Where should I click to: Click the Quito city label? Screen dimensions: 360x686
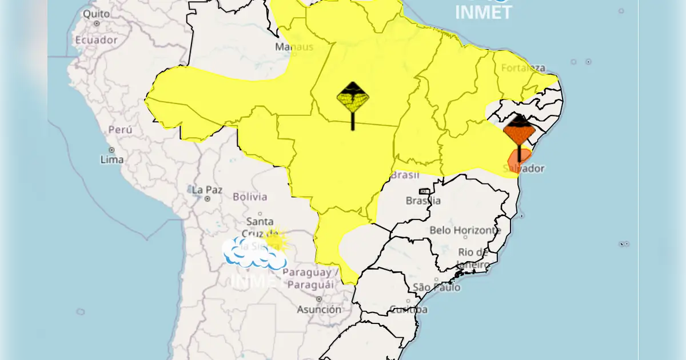pos(95,13)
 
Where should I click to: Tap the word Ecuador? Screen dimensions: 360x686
pos(96,41)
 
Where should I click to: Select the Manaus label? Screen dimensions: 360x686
pos(294,47)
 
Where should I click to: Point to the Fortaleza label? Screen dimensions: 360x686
pos(523,68)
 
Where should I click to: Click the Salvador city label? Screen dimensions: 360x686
pos(524,169)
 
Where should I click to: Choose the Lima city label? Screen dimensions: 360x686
pos(112,159)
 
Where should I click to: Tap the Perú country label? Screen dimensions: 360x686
pos(120,130)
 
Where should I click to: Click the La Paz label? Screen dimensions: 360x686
pos(207,190)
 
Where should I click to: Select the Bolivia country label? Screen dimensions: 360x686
pos(250,197)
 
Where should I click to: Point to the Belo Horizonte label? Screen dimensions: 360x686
pos(465,230)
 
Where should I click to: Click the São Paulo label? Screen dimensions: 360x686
pos(436,287)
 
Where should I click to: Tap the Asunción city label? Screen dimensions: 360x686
pos(319,309)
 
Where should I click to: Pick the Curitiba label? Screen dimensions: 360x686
pos(408,310)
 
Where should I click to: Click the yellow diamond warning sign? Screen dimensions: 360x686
pos(353,98)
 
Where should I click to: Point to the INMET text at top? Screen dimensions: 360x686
pos(484,11)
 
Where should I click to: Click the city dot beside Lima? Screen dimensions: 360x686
pos(112,150)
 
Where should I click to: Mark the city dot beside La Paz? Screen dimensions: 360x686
pos(207,199)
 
